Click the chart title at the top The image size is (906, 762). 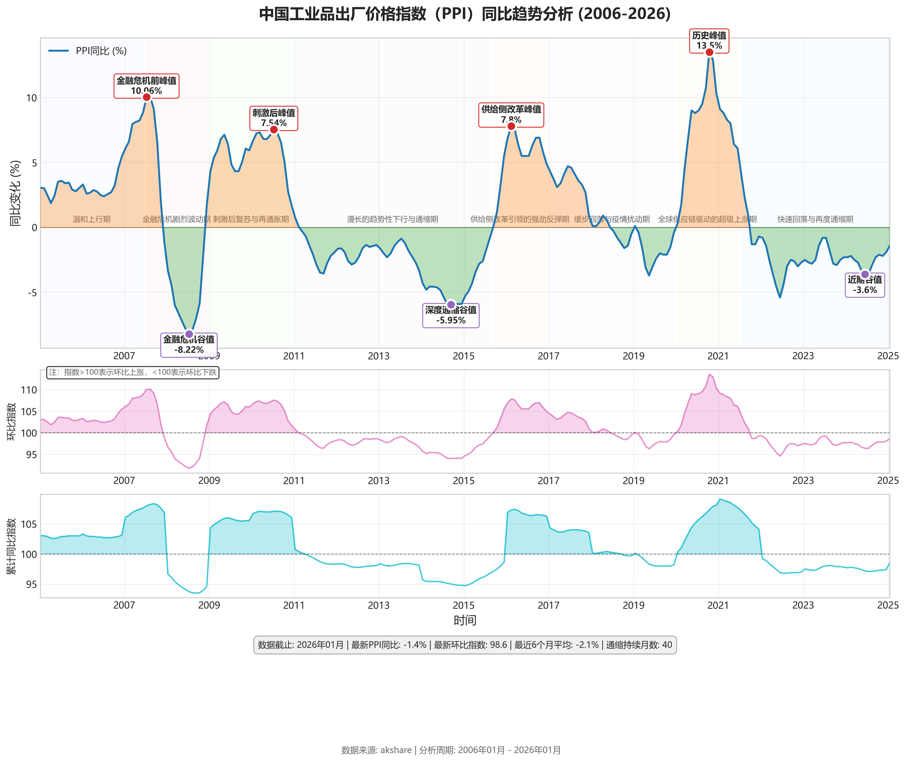pos(465,14)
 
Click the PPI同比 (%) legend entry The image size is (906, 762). pos(88,51)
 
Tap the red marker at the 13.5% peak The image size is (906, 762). pos(709,52)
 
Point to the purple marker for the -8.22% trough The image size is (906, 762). pos(189,334)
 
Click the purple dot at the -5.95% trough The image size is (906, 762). pos(451,305)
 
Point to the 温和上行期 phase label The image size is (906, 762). pos(92,219)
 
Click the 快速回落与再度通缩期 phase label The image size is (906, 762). pos(815,219)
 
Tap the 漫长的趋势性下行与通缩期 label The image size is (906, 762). pos(392,219)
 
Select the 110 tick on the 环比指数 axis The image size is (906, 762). pos(29,390)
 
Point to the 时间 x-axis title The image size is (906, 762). pos(465,620)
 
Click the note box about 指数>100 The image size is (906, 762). pos(133,372)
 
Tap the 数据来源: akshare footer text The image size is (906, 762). pos(451,750)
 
